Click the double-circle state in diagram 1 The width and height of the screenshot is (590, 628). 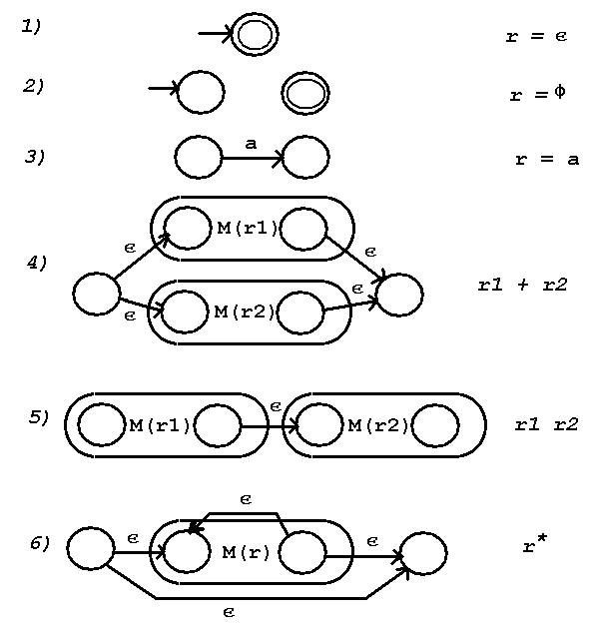[x=255, y=35]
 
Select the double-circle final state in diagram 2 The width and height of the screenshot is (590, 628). [x=305, y=94]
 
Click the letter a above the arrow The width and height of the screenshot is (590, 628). [x=251, y=144]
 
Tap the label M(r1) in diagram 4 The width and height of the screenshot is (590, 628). [x=248, y=228]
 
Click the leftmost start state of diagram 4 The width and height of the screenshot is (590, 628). [x=97, y=295]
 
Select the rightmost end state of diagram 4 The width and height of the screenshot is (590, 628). [x=399, y=296]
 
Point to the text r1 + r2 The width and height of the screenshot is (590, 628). [x=522, y=285]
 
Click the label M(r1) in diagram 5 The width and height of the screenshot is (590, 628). [x=160, y=426]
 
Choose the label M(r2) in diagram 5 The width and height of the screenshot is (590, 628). [x=377, y=426]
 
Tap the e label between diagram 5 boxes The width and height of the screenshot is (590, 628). [x=276, y=406]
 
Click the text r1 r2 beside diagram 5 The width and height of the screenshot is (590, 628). [x=546, y=424]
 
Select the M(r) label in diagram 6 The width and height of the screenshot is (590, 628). [x=246, y=552]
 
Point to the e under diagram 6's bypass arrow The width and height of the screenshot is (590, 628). [x=229, y=613]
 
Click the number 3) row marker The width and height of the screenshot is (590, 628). [x=35, y=157]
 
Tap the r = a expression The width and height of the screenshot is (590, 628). [x=546, y=159]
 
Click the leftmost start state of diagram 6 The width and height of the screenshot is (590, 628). [x=90, y=548]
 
